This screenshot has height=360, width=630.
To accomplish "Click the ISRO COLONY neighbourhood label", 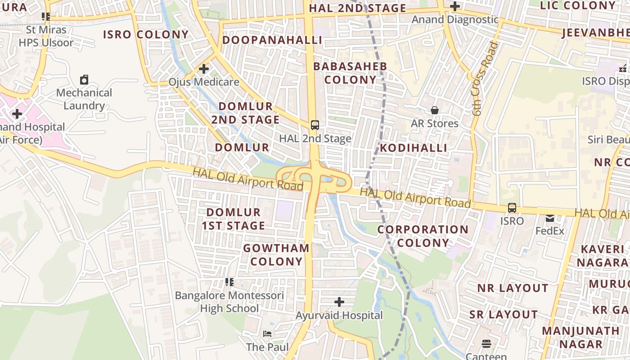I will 146,35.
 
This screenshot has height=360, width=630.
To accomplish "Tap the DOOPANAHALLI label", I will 272,40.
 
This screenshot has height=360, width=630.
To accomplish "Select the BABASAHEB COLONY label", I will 350,73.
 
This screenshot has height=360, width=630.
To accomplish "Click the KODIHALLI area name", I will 414,148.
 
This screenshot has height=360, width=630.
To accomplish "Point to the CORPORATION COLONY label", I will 423,236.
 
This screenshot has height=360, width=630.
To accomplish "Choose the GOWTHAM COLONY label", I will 276,254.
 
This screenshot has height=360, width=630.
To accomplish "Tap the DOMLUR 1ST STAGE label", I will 233,219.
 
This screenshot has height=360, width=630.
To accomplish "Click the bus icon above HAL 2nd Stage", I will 315,125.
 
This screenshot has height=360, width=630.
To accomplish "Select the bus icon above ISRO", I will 512,208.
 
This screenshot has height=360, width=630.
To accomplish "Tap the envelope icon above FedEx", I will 550,218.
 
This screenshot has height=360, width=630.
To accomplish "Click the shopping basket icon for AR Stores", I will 435,110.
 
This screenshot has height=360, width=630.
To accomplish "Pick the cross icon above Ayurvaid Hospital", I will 339,302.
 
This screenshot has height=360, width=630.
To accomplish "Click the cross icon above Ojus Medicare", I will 204,69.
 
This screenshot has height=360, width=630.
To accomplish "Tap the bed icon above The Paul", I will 267,334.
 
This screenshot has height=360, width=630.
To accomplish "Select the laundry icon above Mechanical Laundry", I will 84,80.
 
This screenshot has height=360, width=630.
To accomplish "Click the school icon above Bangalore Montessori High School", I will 229,282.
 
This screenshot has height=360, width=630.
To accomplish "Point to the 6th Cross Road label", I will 485,79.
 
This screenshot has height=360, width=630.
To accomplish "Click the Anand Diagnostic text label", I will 455,19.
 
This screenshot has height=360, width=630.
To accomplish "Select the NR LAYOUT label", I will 513,288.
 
